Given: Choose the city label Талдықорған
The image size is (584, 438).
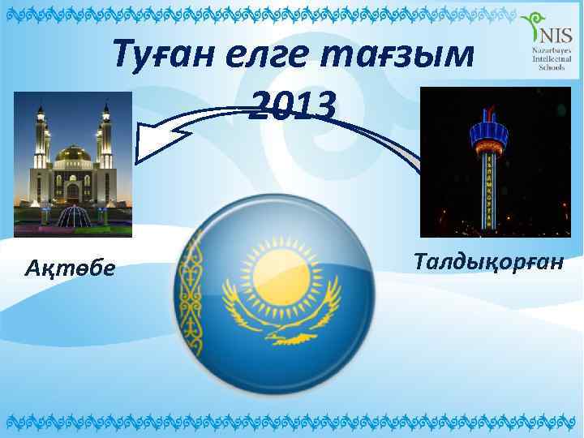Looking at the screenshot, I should click(x=487, y=262).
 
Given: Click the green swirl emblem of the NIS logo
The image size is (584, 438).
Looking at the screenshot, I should click(x=534, y=28).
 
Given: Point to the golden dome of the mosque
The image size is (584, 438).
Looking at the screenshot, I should click(x=72, y=153).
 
